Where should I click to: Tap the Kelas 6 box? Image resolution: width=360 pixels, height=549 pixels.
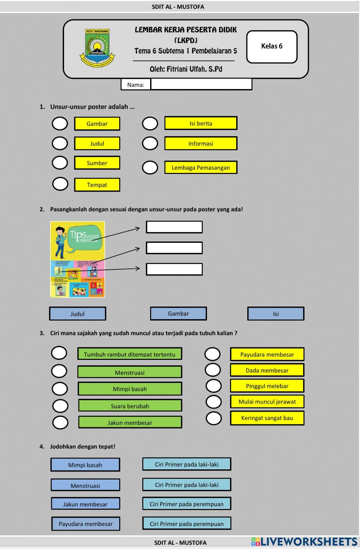point(272,46)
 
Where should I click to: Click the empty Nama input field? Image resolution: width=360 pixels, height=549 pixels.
point(201,84)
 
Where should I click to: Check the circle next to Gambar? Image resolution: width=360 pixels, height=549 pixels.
point(60,124)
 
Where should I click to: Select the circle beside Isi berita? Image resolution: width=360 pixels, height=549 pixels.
point(150,124)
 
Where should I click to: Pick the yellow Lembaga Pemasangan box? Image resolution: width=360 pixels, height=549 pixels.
point(201,168)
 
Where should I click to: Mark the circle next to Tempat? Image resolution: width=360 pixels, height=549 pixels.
point(60,184)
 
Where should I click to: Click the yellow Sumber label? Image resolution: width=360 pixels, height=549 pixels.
point(97,163)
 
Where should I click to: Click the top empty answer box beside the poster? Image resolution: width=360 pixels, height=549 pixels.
point(174,227)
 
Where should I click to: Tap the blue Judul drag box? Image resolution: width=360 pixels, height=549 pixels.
point(77,314)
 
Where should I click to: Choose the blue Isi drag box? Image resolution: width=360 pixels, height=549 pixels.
point(275,314)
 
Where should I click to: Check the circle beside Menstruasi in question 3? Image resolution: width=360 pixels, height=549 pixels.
point(59,371)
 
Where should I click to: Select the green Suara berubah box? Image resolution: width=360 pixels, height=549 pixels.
point(130,406)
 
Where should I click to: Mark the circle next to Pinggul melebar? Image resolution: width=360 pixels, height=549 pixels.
point(213,386)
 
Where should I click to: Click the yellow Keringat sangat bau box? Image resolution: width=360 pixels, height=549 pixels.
point(267,418)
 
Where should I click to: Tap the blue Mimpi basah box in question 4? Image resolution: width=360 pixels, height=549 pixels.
point(85,465)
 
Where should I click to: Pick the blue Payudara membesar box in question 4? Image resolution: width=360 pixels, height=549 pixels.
point(85,524)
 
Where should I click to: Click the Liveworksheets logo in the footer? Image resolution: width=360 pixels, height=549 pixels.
point(304,542)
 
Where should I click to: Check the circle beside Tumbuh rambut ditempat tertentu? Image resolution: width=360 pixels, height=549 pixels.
point(59,353)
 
